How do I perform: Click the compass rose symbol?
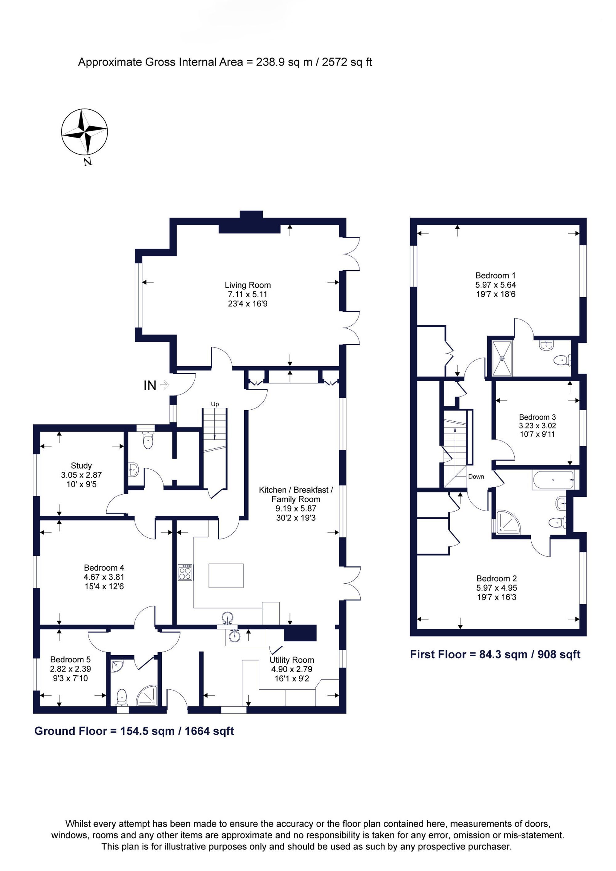pyautogui.click(x=84, y=132)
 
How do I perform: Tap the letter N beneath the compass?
pyautogui.click(x=88, y=162)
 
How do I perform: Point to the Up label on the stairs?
pyautogui.click(x=215, y=404)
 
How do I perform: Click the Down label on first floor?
pyautogui.click(x=476, y=476)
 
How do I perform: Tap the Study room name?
pyautogui.click(x=81, y=465)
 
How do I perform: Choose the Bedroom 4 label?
pyautogui.click(x=104, y=568)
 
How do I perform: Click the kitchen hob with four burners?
pyautogui.click(x=185, y=572)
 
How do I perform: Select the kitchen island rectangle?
pyautogui.click(x=226, y=576)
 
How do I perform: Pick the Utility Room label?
pyautogui.click(x=292, y=660)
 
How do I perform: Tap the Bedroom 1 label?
pyautogui.click(x=495, y=275)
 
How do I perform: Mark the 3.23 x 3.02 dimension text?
pyautogui.click(x=537, y=426)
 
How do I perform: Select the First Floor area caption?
pyautogui.click(x=495, y=654)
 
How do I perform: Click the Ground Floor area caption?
pyautogui.click(x=134, y=731)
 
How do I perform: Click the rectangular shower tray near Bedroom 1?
pyautogui.click(x=502, y=358)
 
